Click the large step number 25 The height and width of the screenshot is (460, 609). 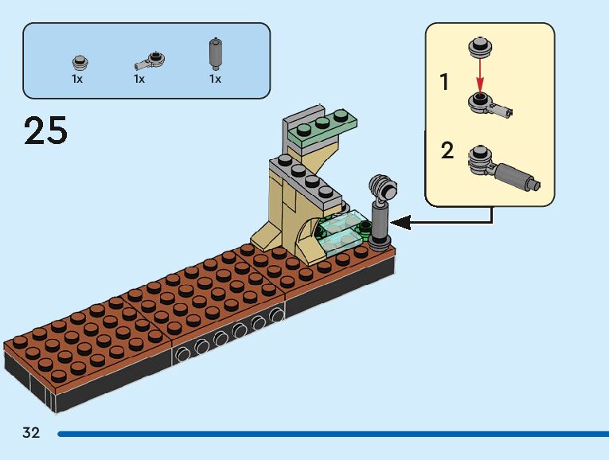click(46, 131)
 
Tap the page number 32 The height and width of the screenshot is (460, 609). click(31, 433)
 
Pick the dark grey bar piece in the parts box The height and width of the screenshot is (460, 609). click(215, 55)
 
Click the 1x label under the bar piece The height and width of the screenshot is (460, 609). click(215, 79)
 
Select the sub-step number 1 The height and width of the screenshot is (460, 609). click(444, 82)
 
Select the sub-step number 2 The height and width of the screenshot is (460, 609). click(447, 150)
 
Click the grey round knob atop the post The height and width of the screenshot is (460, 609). click(383, 188)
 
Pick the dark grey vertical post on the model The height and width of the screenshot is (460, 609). click(380, 222)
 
